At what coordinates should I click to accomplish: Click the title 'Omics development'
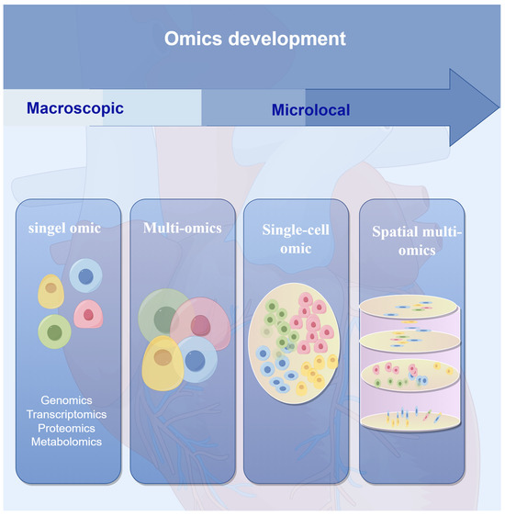(x=254, y=39)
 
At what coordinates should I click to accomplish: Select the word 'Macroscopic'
(x=75, y=108)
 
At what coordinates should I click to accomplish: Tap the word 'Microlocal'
(x=310, y=111)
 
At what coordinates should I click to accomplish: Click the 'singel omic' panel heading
(x=62, y=228)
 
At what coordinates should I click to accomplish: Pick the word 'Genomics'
(x=65, y=400)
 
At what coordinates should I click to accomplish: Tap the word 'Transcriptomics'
(x=65, y=414)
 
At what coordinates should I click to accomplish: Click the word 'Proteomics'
(x=65, y=428)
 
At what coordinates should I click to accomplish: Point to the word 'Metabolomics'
(x=65, y=442)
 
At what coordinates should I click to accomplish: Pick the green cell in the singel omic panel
(x=54, y=331)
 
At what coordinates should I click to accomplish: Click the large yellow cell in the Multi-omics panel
(x=162, y=363)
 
